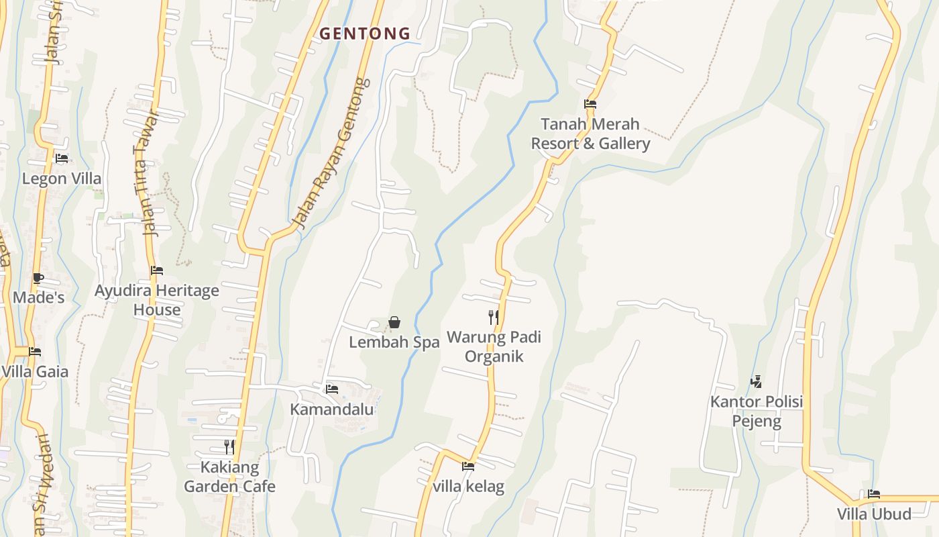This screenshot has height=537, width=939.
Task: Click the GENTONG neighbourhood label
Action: [365, 34]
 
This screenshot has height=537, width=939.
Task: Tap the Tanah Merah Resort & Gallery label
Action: [590, 134]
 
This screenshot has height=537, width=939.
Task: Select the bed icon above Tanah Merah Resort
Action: [590, 104]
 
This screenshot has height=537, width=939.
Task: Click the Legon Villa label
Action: [62, 179]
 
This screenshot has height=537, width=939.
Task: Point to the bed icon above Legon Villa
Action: [62, 158]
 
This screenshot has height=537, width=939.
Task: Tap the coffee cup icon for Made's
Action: [38, 278]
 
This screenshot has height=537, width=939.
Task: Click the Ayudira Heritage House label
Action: [157, 300]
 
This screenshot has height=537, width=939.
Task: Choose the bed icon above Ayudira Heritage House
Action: [157, 271]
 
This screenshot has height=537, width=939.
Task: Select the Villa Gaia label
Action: [35, 372]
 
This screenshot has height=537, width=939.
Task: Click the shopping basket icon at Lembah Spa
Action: [394, 323]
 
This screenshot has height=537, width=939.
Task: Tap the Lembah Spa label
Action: [394, 342]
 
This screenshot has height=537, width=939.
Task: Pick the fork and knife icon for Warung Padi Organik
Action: [494, 317]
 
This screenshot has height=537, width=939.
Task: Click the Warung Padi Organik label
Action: [494, 346]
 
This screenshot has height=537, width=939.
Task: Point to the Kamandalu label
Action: [331, 409]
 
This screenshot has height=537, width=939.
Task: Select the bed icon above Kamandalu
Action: [331, 389]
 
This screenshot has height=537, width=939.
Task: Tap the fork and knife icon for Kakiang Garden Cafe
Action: [229, 446]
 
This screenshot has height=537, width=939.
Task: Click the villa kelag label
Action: [468, 487]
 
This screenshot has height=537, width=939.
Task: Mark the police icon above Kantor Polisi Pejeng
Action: [757, 382]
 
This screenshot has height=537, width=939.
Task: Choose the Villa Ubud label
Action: [874, 514]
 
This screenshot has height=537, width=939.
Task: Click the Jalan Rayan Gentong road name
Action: [333, 153]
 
